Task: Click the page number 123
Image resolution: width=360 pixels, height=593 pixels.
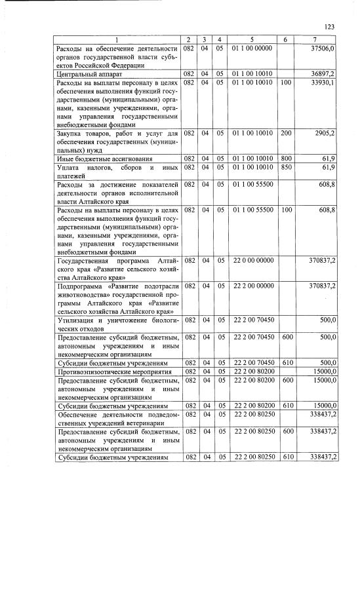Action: [x=330, y=27]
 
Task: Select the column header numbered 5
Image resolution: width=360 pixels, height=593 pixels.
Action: [x=252, y=41]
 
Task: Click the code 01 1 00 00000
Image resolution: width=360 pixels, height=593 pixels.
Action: [x=252, y=48]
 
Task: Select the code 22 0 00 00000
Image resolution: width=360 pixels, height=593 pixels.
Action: [x=252, y=260]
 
